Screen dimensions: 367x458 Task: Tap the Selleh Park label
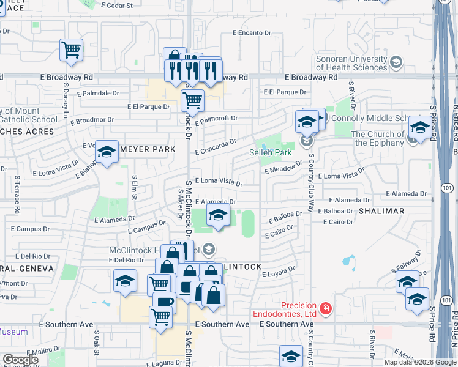pyautogui.click(x=269, y=152)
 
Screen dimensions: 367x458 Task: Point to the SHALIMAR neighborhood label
pyautogui.click(x=382, y=211)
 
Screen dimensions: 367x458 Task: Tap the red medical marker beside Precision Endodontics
pyautogui.click(x=326, y=308)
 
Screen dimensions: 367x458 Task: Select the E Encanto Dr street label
pyautogui.click(x=251, y=33)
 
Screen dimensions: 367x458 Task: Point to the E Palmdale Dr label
pyautogui.click(x=99, y=93)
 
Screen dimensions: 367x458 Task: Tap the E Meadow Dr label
pyautogui.click(x=283, y=167)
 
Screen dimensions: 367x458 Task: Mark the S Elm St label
pyautogui.click(x=135, y=183)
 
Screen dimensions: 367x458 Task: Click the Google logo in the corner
pyautogui.click(x=20, y=360)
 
